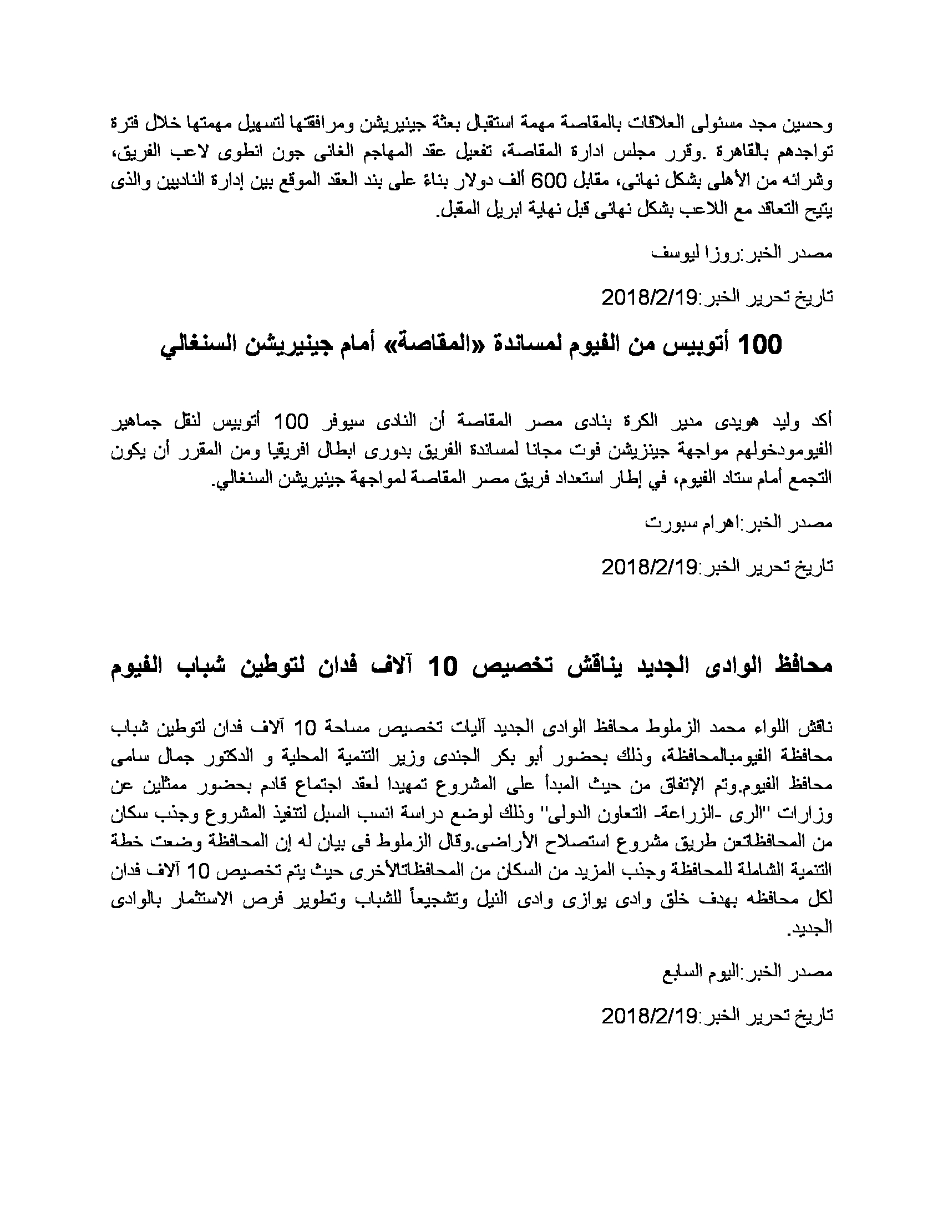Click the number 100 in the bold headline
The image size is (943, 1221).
(x=760, y=346)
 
